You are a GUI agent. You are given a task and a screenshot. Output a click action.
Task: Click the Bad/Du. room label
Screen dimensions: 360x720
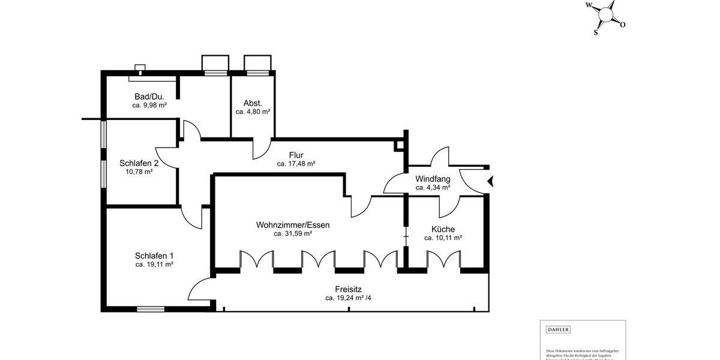[x=149, y=96]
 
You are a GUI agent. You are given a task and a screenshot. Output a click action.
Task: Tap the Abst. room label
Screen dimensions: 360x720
[x=253, y=103]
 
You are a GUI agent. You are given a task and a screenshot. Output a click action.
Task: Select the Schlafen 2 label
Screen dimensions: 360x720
[x=139, y=163]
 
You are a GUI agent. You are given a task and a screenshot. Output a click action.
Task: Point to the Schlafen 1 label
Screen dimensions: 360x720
[x=154, y=255]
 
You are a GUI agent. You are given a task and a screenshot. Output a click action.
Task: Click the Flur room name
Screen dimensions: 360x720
[x=296, y=155]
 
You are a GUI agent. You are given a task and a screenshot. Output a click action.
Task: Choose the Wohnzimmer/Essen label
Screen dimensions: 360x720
[x=293, y=225]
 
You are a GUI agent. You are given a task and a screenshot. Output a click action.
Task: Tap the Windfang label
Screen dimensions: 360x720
[x=433, y=179]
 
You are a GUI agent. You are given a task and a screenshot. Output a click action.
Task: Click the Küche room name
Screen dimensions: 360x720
[x=443, y=229]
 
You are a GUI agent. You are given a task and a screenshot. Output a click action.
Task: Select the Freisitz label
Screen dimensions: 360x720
[x=348, y=289]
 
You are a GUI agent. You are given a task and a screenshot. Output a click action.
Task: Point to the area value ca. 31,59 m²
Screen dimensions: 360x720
[x=293, y=234]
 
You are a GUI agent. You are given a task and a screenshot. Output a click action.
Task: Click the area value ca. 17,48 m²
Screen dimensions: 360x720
[x=296, y=163]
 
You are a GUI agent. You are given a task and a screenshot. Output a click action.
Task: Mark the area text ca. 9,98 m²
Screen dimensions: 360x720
[x=149, y=105]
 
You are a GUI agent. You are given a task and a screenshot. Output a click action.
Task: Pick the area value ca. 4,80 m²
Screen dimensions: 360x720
[x=253, y=112]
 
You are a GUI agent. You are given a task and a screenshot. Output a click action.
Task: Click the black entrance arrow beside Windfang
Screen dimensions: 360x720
[x=490, y=181]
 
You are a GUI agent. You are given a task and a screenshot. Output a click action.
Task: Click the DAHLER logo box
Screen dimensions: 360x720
[x=558, y=329]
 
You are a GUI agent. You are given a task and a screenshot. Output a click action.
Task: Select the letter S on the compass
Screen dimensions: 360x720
[x=595, y=32]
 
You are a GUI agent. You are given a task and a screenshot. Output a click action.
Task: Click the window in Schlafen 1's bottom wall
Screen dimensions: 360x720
[x=151, y=309]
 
